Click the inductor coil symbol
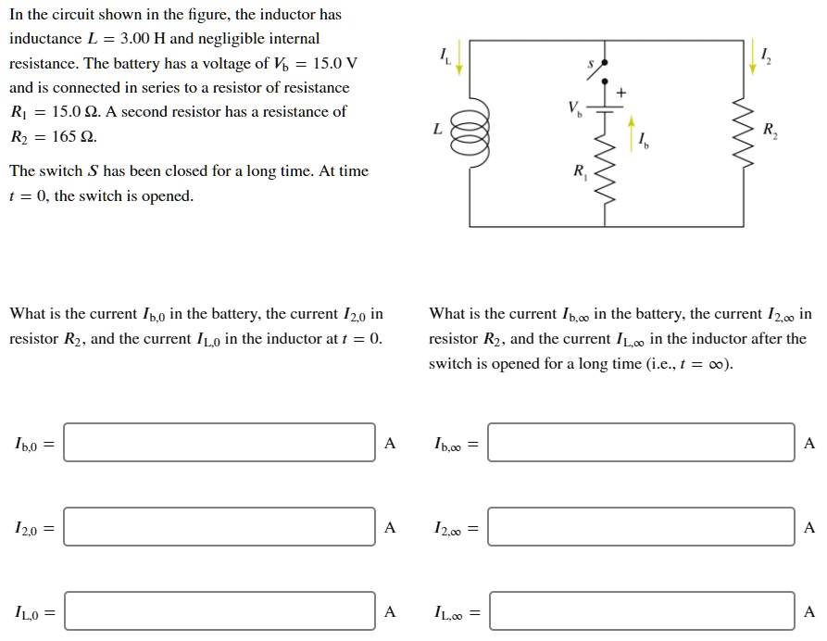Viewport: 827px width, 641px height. click(x=468, y=133)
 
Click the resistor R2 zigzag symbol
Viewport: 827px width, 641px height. click(x=743, y=133)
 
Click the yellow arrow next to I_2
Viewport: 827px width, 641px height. click(x=751, y=57)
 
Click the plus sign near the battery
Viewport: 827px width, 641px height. click(x=621, y=93)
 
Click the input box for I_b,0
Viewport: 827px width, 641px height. click(x=219, y=443)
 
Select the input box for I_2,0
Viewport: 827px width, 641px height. click(x=219, y=527)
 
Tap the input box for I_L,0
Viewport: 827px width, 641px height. click(x=219, y=611)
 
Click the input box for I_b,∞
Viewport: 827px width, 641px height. click(x=641, y=443)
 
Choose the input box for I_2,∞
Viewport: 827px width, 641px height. click(x=641, y=527)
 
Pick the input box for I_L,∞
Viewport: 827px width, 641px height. click(x=641, y=611)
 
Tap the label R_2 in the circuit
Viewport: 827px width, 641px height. click(x=771, y=131)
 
